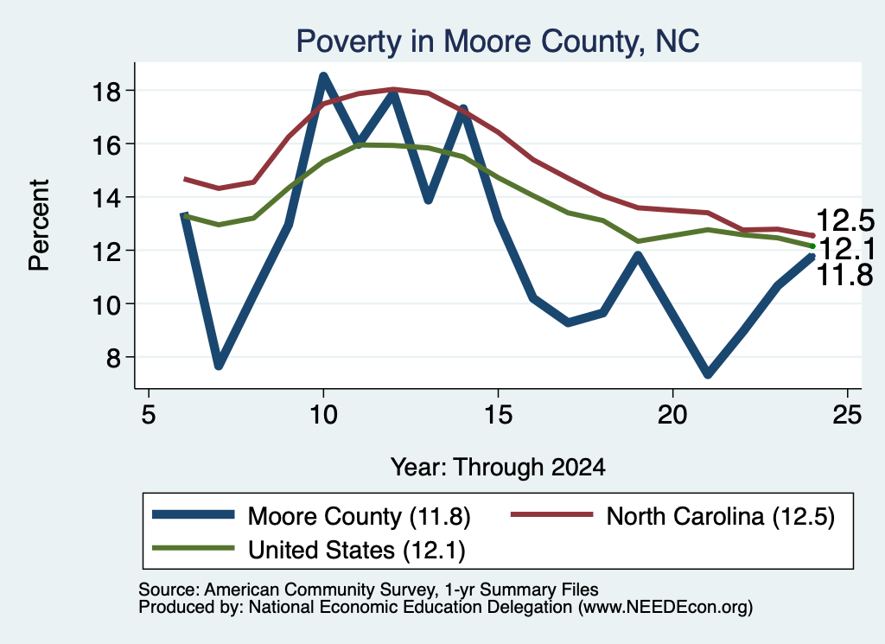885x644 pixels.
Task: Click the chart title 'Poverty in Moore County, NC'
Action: (x=498, y=41)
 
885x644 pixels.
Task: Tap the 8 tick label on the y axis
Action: (x=113, y=357)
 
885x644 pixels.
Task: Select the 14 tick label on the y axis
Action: (x=106, y=198)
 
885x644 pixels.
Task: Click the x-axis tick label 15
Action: (x=498, y=415)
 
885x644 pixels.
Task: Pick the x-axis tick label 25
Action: (x=847, y=415)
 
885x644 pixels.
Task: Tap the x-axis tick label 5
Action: (x=149, y=415)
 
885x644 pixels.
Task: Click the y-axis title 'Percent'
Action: (x=39, y=226)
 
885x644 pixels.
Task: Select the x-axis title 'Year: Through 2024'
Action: (x=498, y=468)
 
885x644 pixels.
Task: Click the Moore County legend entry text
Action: (x=359, y=516)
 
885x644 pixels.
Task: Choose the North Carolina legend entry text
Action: (x=720, y=516)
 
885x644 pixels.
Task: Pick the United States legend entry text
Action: (x=357, y=551)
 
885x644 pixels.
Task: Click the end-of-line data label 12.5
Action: (x=845, y=220)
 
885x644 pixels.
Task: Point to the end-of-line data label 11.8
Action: (x=845, y=276)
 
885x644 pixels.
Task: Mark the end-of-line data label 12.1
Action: (x=846, y=249)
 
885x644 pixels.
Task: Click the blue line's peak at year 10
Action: (x=323, y=77)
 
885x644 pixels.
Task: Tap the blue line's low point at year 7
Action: (x=219, y=365)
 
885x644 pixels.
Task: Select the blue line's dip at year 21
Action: (x=708, y=373)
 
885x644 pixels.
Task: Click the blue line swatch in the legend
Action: (x=193, y=514)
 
